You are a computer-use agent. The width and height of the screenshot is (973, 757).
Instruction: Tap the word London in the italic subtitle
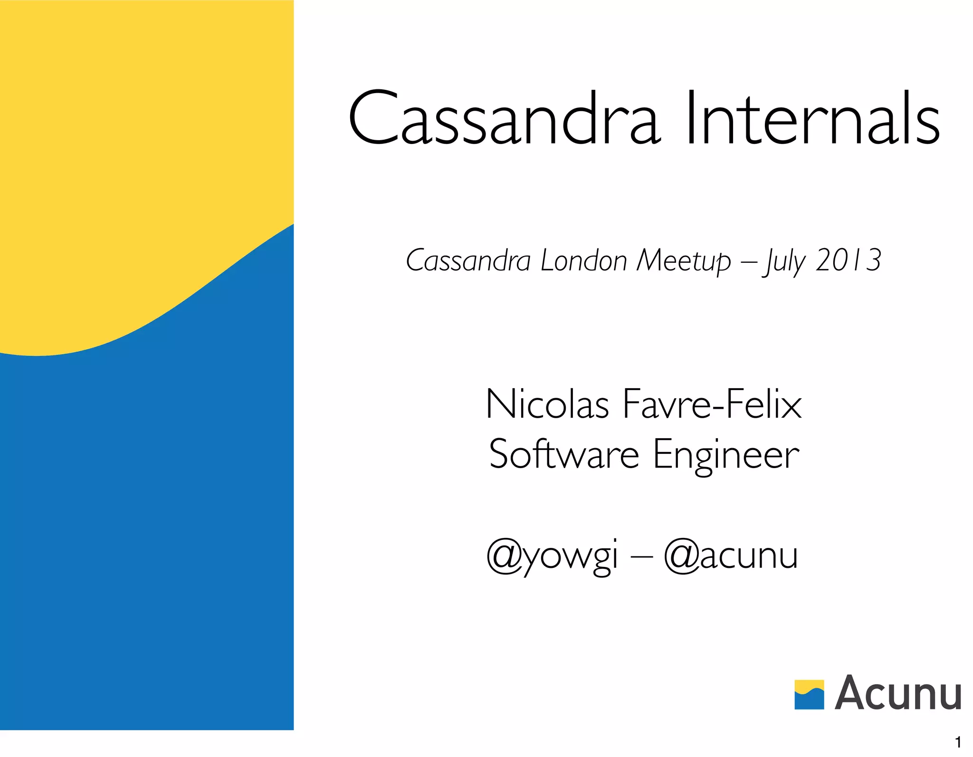584,261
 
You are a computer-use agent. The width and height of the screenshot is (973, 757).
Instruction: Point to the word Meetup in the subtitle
684,261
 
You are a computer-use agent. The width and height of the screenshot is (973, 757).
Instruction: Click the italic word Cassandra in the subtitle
468,261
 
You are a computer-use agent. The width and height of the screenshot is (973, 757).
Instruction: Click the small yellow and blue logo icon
809,694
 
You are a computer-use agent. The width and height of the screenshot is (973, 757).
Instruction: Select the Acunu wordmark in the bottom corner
898,693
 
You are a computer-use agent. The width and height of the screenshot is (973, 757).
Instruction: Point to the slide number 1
958,742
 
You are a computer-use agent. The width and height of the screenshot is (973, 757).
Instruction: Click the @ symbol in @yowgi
505,556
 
